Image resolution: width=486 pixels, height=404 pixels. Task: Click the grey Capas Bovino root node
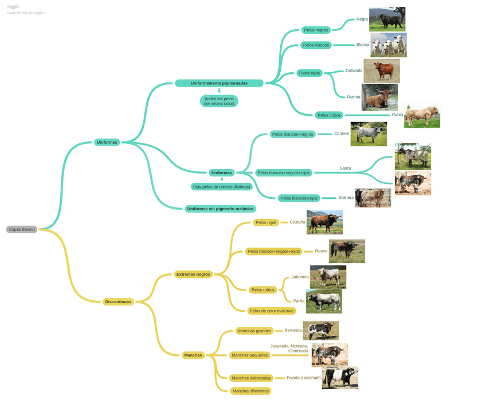pos(22,229)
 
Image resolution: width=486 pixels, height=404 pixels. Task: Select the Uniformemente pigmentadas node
pos(219,83)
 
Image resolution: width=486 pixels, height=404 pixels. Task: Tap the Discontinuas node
pos(118,301)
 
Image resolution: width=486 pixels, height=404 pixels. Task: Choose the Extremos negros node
pos(193,274)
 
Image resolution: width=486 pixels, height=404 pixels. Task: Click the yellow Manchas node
pos(193,355)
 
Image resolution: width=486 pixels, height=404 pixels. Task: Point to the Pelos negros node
pos(316,30)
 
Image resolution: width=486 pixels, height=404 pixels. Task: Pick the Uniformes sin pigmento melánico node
pos(220,209)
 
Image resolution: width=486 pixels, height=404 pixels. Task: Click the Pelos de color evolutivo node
pos(272,311)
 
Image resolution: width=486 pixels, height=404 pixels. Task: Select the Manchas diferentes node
pos(250,391)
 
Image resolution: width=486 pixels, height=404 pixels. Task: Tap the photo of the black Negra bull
pos(387,19)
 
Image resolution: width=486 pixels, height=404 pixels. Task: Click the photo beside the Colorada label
pos(381,71)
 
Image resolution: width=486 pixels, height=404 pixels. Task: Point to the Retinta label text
pos(354,97)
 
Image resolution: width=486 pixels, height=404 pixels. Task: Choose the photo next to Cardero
pos(369,134)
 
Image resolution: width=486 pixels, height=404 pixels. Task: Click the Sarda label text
pos(345,168)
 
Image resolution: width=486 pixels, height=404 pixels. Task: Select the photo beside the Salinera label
pos(373,198)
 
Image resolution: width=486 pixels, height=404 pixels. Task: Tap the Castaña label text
pos(297,222)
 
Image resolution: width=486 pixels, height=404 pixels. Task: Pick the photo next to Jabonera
pos(328,277)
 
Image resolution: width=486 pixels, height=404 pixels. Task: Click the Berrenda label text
pos(293,330)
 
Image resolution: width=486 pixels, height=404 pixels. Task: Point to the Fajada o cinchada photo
pos(340,378)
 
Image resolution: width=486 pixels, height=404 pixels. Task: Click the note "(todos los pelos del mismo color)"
pos(219,101)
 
